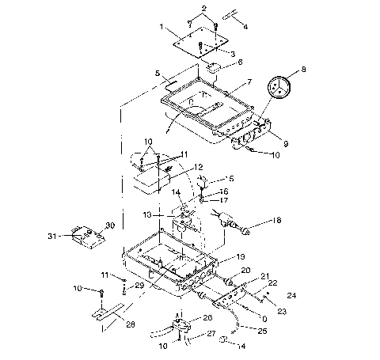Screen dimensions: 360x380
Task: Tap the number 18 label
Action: coord(276,222)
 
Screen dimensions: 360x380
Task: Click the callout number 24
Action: coord(291,296)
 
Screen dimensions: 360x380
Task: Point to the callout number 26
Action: coord(208,317)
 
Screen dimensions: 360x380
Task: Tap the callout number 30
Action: coord(110,225)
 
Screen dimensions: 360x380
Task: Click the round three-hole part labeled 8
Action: coord(279,88)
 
